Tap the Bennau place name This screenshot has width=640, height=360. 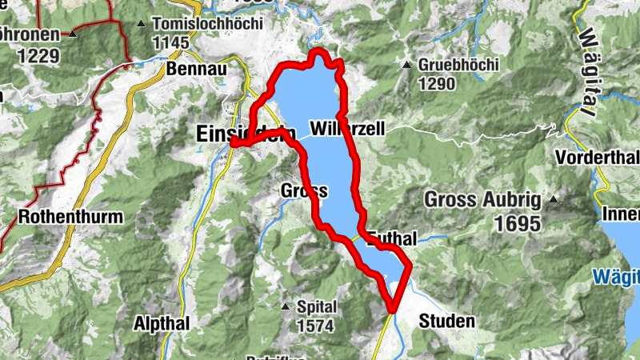pos(197,70)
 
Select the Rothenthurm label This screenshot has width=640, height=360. pos(70,216)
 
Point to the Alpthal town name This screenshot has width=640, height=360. pos(161,324)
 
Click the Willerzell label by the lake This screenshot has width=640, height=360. pos(350,128)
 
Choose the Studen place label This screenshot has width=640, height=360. pos(446,322)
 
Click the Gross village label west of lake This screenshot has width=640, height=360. pos(305,191)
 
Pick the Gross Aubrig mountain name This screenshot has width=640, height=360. pos(482,199)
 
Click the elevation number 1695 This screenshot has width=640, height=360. pos(518,224)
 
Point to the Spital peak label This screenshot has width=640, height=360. pos(317,307)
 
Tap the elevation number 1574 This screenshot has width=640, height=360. pos(317,326)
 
